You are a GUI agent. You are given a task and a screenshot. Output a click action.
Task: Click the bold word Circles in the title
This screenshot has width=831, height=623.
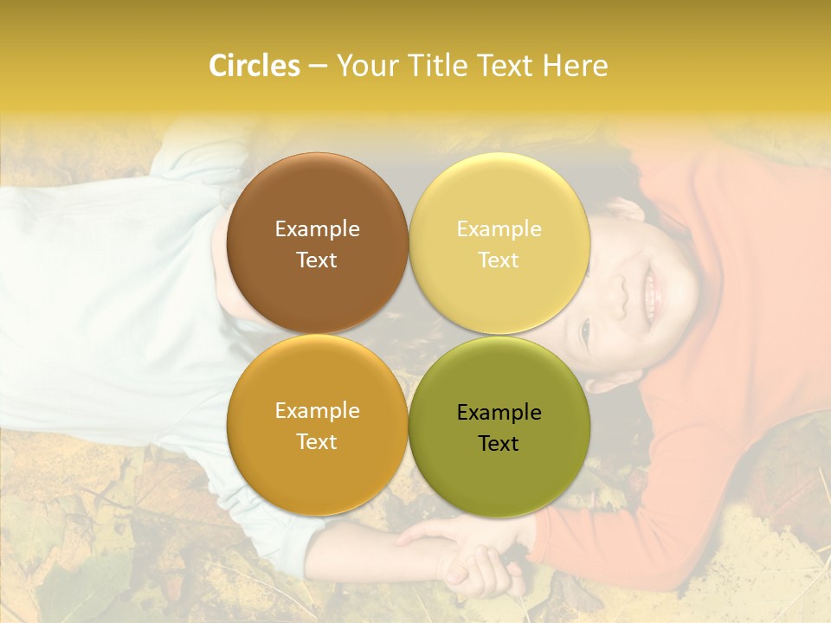coord(254,66)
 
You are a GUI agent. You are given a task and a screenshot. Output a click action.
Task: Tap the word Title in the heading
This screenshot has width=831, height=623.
coord(430,66)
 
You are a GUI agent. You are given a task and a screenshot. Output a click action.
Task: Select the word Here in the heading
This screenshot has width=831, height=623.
coord(575,66)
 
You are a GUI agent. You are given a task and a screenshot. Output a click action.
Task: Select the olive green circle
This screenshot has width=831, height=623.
coord(499,476)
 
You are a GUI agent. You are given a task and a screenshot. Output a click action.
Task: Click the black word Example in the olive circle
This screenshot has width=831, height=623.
coord(499,413)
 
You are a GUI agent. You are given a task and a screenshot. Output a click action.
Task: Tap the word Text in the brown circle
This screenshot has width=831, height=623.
coord(317,260)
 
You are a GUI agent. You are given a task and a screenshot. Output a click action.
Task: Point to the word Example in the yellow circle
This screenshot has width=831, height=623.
coord(499,229)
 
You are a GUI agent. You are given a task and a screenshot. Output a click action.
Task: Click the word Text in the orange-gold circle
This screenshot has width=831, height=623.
coord(317,442)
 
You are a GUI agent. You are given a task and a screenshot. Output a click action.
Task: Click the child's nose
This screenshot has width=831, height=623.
coord(616,298)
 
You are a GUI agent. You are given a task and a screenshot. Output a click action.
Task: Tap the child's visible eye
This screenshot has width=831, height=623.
coord(585,330)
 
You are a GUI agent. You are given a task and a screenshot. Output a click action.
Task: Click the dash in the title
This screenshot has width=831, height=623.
coord(317,67)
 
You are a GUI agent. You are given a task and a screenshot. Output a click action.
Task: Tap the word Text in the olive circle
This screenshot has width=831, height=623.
coord(499,444)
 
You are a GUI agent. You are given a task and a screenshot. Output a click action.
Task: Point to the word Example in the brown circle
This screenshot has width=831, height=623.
coord(317,229)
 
